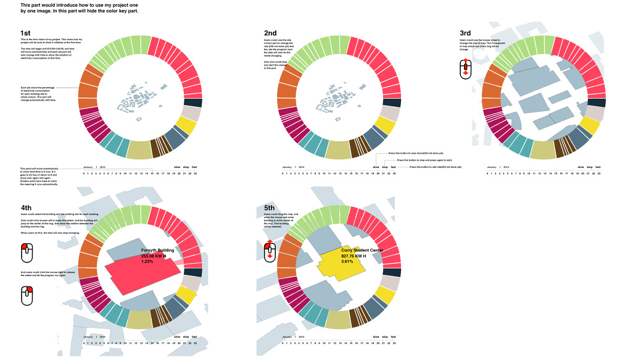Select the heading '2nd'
coord(271,33)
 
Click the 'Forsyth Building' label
coord(158,251)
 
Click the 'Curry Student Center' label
coord(362,251)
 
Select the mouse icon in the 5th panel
coord(270,251)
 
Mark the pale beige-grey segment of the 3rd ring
coord(595,113)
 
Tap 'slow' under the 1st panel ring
coord(177,167)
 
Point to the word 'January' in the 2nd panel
coord(288,167)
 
